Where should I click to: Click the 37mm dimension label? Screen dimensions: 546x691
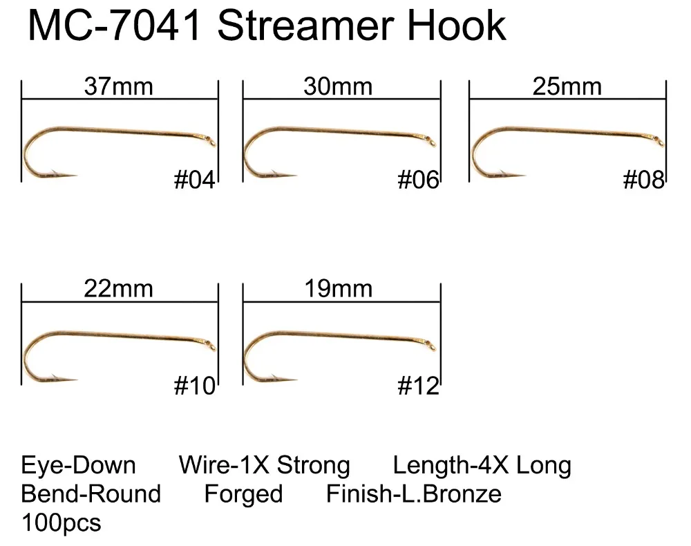click(x=118, y=87)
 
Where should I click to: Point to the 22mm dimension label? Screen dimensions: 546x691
click(x=118, y=288)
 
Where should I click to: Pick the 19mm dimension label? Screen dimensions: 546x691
click(x=338, y=288)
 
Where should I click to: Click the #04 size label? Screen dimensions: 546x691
click(x=194, y=180)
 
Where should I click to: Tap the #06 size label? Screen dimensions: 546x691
click(x=418, y=180)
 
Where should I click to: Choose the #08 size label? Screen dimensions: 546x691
click(x=643, y=180)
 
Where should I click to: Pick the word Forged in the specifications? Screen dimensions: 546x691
click(x=243, y=494)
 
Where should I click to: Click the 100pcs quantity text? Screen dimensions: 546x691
click(x=61, y=523)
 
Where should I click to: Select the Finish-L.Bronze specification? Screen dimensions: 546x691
click(x=413, y=494)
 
